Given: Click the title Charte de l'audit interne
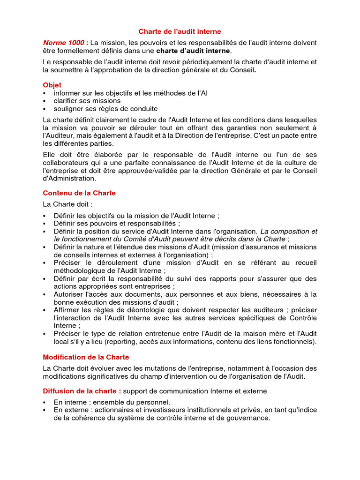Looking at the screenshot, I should (180, 32).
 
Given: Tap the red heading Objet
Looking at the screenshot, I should (52, 85).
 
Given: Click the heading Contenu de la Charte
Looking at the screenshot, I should (79, 193).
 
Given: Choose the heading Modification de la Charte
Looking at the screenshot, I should (86, 357).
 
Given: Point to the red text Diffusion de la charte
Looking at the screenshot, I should (82, 391).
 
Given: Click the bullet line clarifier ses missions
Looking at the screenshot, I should (87, 101).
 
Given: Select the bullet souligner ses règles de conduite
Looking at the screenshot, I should (105, 109).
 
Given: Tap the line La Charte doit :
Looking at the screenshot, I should (67, 204).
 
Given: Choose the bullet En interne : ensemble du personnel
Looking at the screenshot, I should (112, 402).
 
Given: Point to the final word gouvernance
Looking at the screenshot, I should (249, 418).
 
